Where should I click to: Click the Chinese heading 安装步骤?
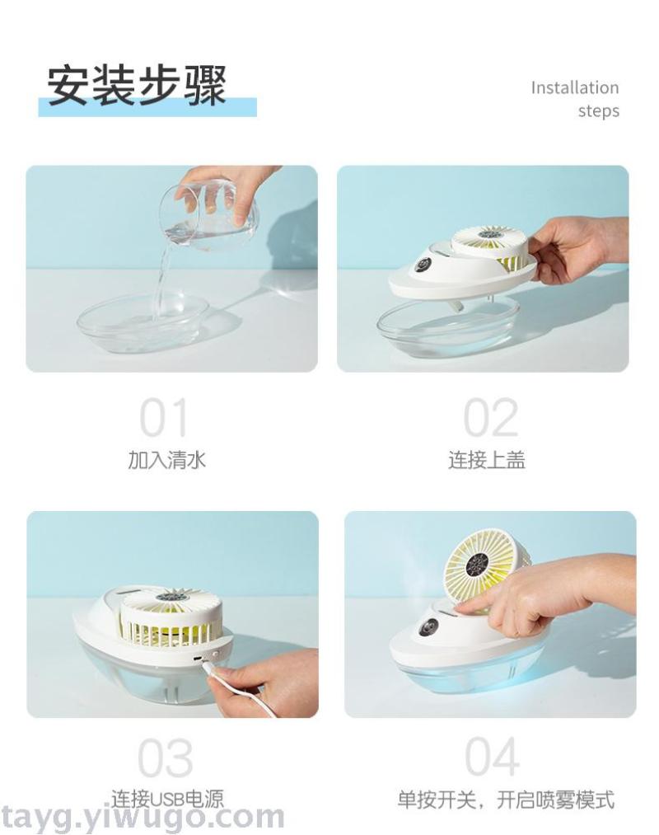[137, 85]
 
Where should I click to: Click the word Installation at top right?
[575, 87]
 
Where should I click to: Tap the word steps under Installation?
[599, 111]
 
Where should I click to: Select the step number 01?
[163, 418]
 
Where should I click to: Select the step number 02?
[490, 418]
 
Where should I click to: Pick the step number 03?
[166, 758]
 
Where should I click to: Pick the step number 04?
[492, 757]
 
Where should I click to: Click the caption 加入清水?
[166, 460]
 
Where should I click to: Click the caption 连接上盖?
[487, 460]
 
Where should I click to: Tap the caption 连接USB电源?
[168, 800]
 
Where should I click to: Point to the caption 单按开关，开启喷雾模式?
[506, 800]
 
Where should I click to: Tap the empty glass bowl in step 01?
[143, 323]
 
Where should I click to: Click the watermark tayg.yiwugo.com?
[143, 817]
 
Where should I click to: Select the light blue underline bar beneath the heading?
[147, 107]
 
